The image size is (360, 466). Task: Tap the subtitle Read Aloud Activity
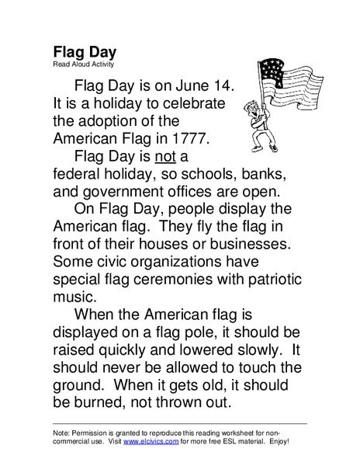coord(83,64)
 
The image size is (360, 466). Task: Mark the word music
coord(76,297)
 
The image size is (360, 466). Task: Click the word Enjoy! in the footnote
coord(276,441)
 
